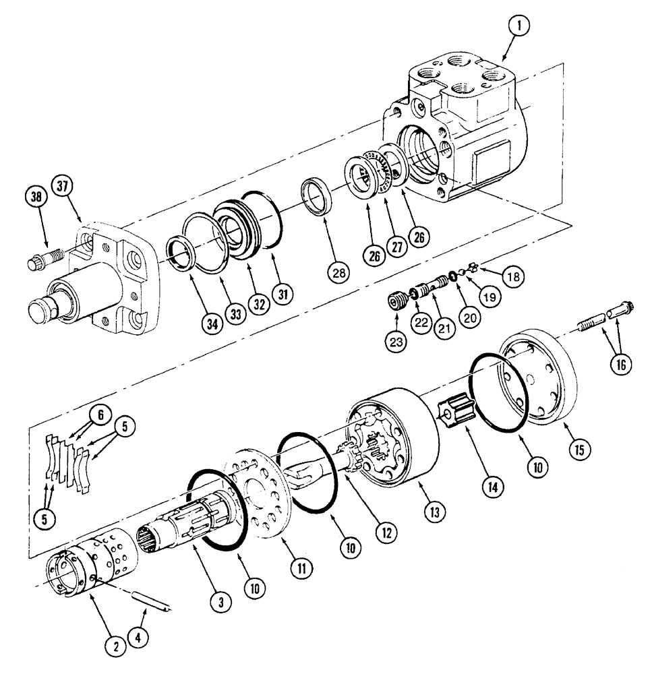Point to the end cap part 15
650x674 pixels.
[x=537, y=383]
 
